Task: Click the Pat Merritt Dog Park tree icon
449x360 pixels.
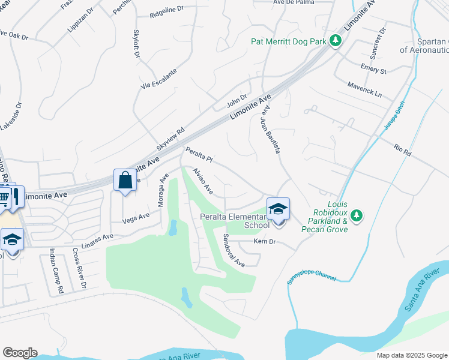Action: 336,41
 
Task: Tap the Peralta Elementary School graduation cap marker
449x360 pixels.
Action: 278,209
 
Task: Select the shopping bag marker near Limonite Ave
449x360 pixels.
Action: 125,180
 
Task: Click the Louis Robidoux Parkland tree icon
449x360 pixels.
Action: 357,215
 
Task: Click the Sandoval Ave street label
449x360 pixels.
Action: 234,250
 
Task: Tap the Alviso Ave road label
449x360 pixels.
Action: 203,181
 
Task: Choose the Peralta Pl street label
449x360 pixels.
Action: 199,155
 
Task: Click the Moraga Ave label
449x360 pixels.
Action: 161,190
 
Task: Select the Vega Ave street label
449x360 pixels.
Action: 136,218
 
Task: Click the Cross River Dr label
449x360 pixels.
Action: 80,267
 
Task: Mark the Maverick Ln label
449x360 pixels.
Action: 364,89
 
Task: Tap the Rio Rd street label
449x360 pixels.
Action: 402,150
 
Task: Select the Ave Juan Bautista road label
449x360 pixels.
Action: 270,127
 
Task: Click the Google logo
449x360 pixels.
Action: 20,353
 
